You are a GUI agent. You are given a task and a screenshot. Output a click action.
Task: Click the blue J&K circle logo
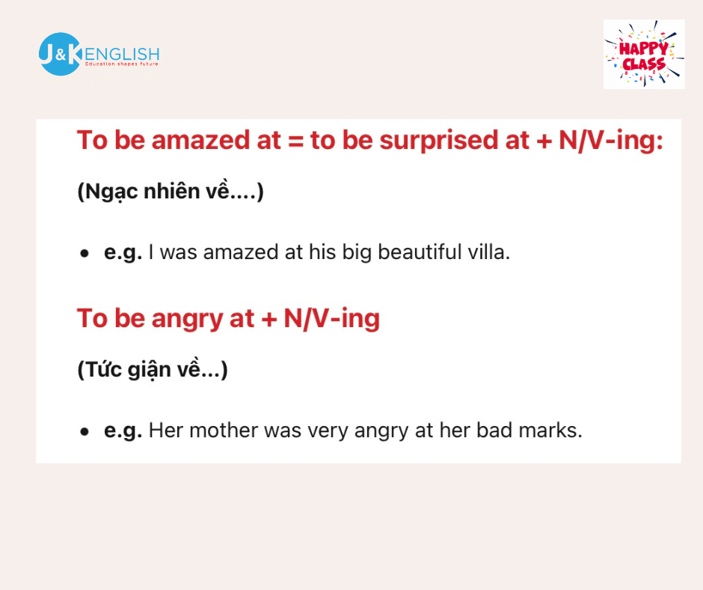point(60,54)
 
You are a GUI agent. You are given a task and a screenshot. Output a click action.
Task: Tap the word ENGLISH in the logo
point(121,55)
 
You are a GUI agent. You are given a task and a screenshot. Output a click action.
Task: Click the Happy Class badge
point(644,54)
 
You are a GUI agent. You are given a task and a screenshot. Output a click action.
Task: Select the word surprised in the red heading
point(439,140)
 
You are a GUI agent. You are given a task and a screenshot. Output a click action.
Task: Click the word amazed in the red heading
point(201,140)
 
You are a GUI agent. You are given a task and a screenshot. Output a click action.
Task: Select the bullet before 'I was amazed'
point(85,254)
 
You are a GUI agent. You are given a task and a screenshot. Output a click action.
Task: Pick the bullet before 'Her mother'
point(85,432)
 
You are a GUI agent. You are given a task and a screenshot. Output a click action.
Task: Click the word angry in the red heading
point(187,319)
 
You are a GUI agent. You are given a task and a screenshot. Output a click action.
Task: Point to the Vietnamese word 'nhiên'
point(172,191)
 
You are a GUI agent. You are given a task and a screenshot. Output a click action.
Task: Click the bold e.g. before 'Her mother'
point(123,431)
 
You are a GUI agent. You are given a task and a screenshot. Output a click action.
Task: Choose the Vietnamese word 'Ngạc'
point(111,192)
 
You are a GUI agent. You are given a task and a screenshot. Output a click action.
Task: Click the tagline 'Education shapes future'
point(121,64)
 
